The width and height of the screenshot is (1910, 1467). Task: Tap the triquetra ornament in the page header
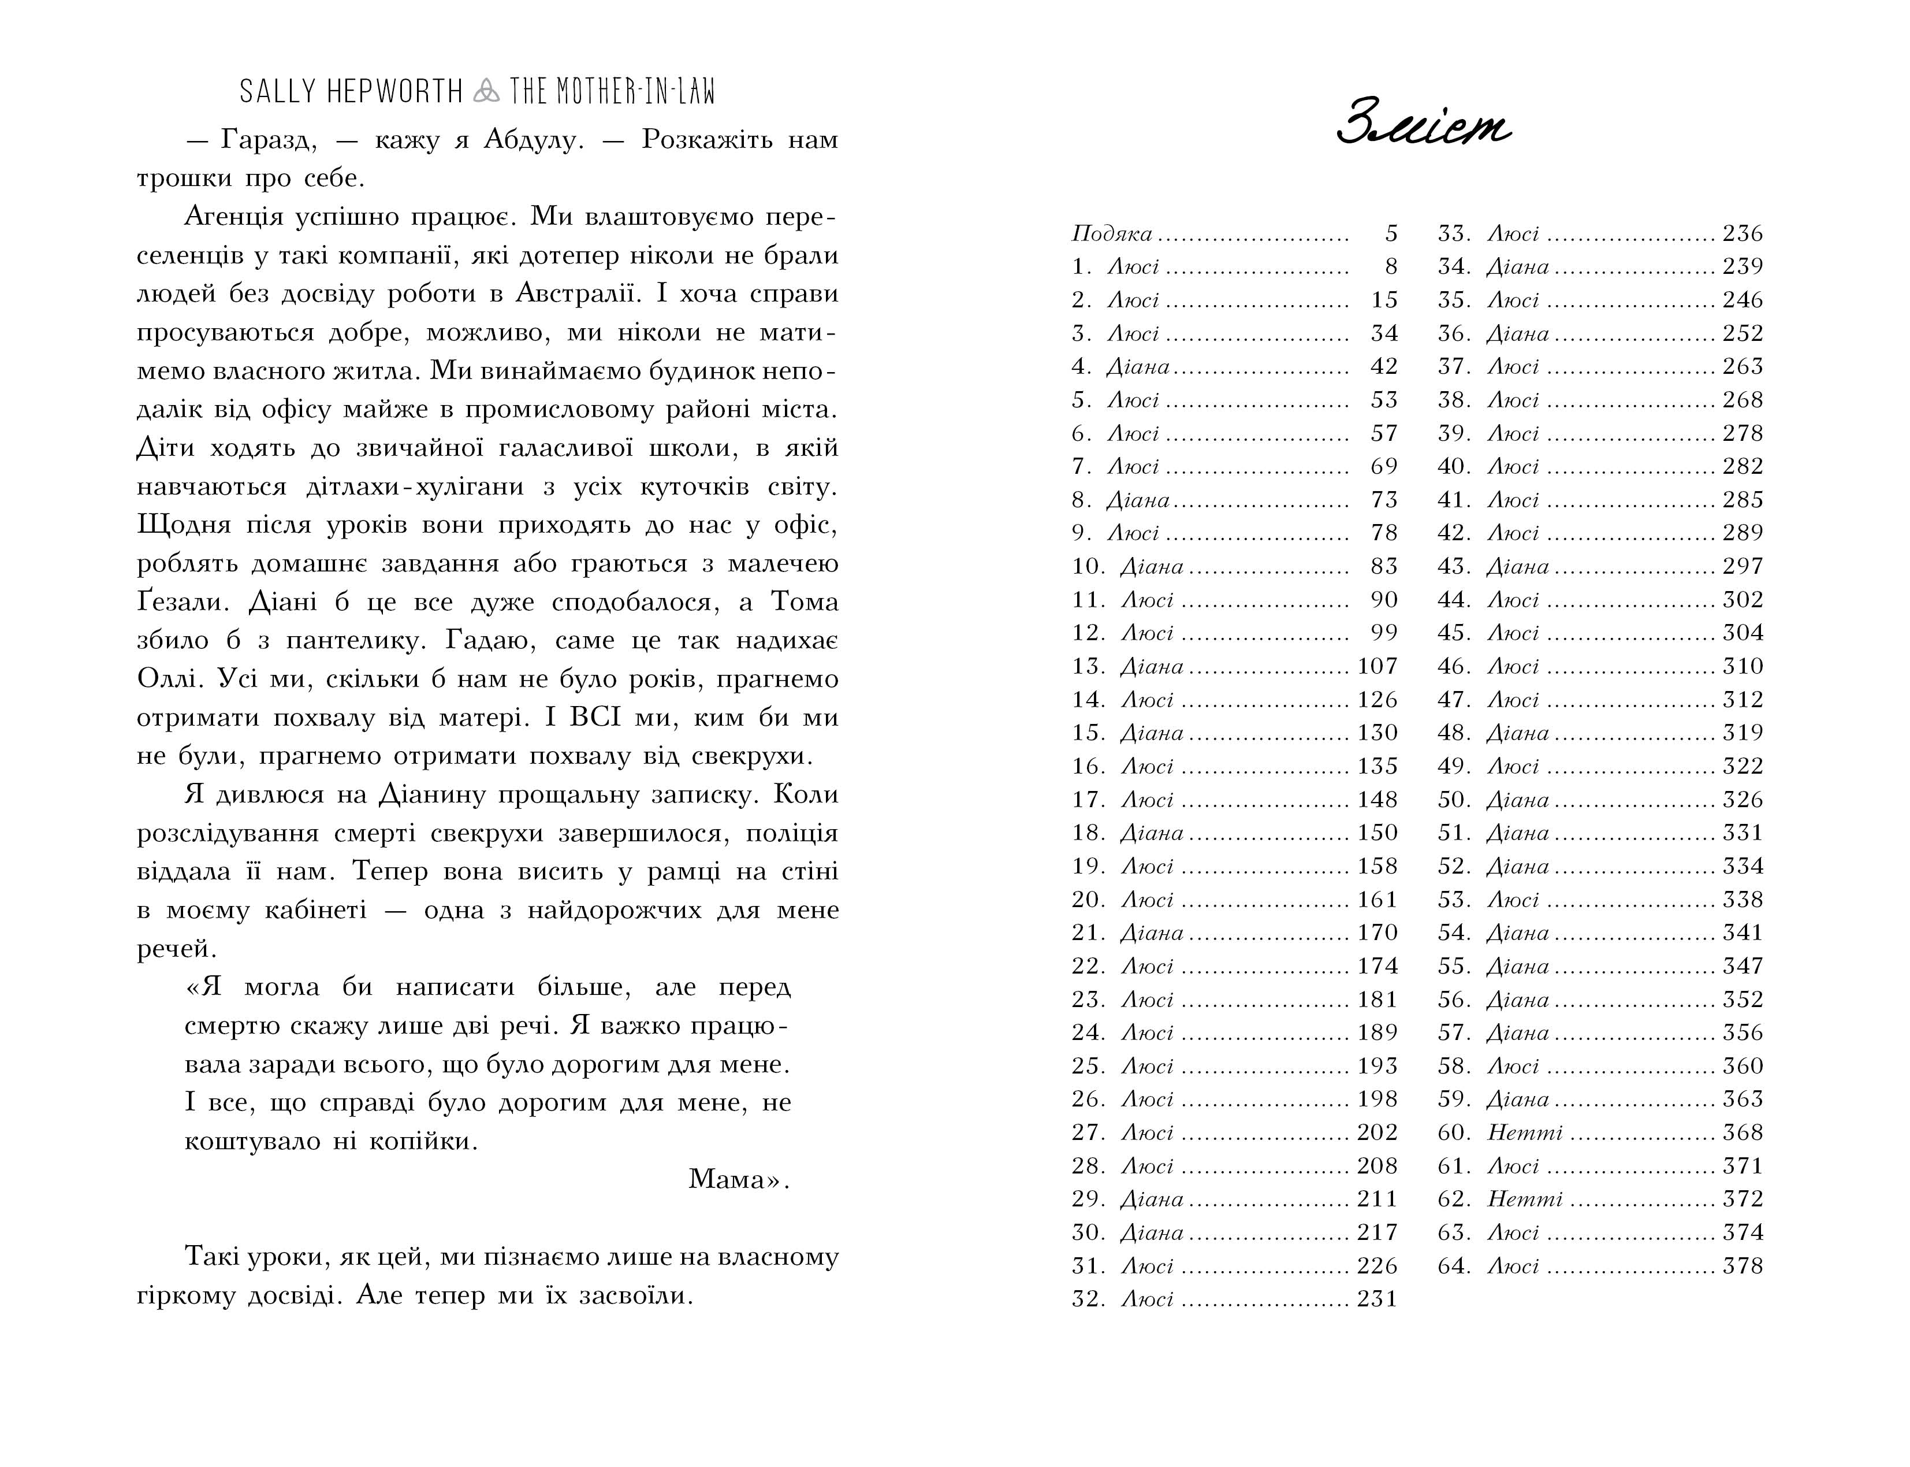[485, 91]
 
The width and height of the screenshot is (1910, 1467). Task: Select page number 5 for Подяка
[1391, 234]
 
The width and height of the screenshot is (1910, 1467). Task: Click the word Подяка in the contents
[1111, 234]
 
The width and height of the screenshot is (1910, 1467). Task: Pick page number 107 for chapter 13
[1377, 666]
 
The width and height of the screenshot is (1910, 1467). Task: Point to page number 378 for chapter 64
[1743, 1266]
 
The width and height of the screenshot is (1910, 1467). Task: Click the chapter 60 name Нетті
[1524, 1132]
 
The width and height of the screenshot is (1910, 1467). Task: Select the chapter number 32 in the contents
[1089, 1299]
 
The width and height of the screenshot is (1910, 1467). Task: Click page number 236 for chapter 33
[1743, 234]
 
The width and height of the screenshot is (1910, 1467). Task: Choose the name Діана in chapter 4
[1137, 367]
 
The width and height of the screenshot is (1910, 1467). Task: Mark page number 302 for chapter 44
[1743, 600]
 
